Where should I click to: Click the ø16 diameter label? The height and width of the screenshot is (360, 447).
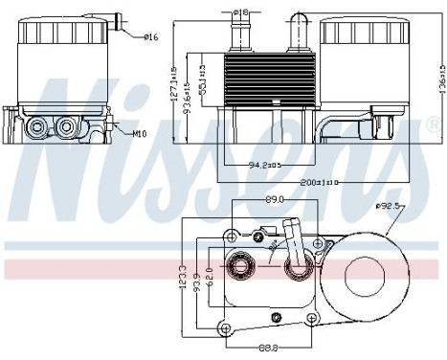(150, 37)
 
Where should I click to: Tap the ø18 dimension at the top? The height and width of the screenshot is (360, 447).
(242, 11)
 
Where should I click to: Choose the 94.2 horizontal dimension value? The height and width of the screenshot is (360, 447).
(264, 165)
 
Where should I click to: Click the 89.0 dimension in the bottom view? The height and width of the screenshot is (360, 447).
(275, 199)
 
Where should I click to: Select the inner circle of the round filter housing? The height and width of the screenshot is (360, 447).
(365, 277)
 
